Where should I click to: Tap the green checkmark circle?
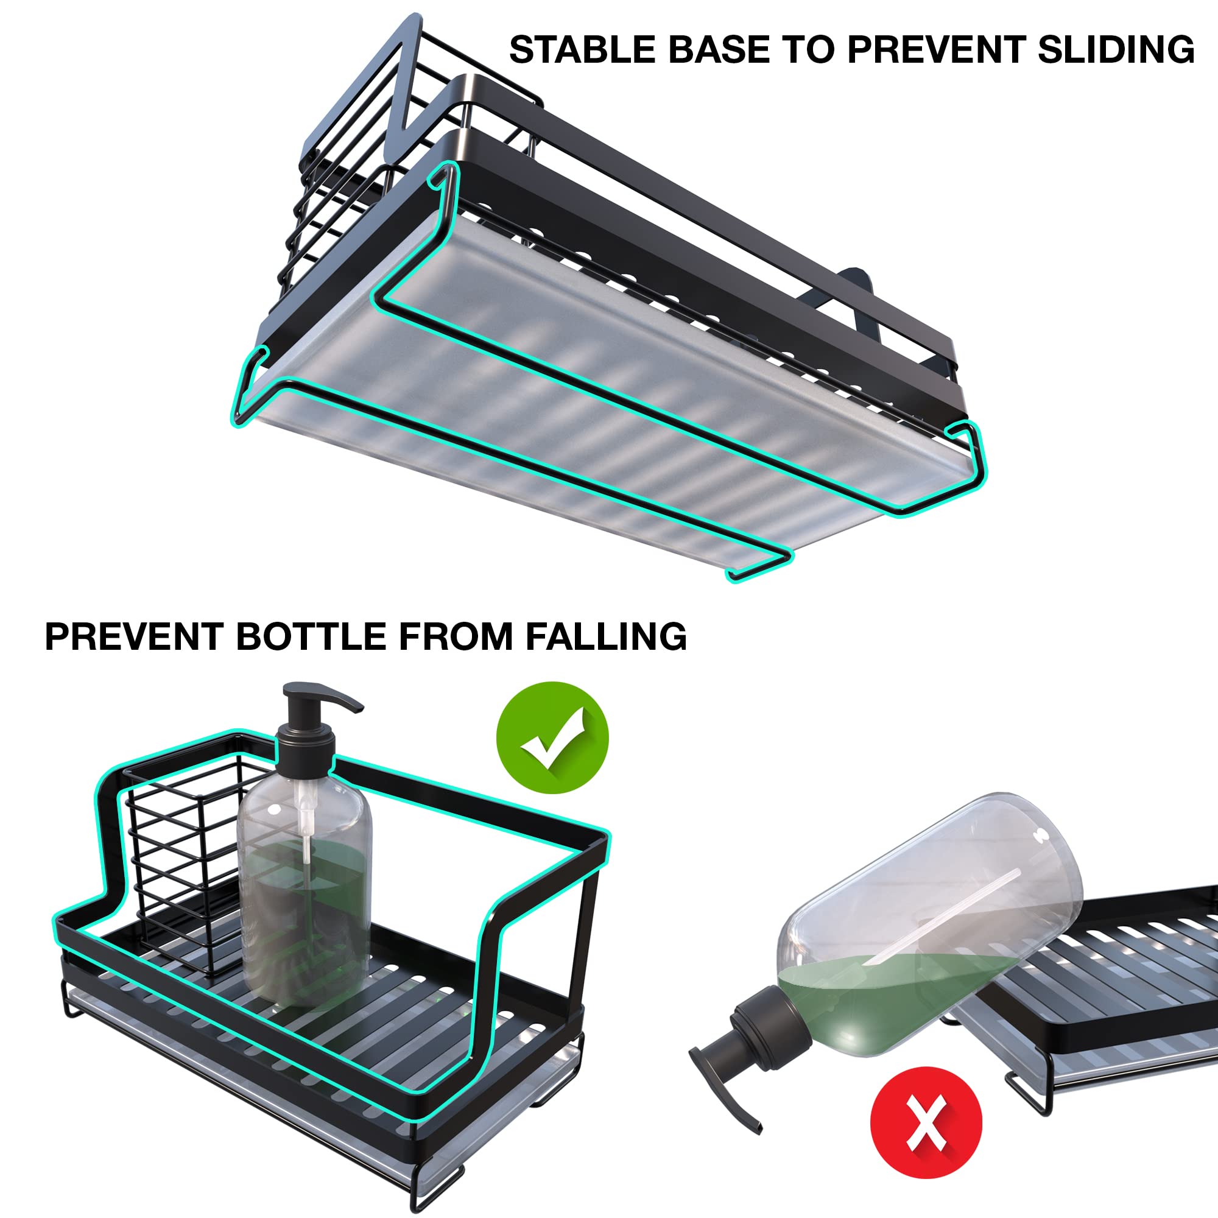[x=552, y=737]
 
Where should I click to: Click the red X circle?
[x=926, y=1123]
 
